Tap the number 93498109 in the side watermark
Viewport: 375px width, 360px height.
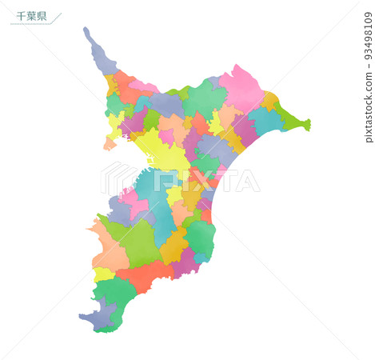368,37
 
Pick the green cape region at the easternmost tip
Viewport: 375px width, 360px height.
294,122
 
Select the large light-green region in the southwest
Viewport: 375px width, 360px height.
138,244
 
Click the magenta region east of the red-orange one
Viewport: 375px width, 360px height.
186,262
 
